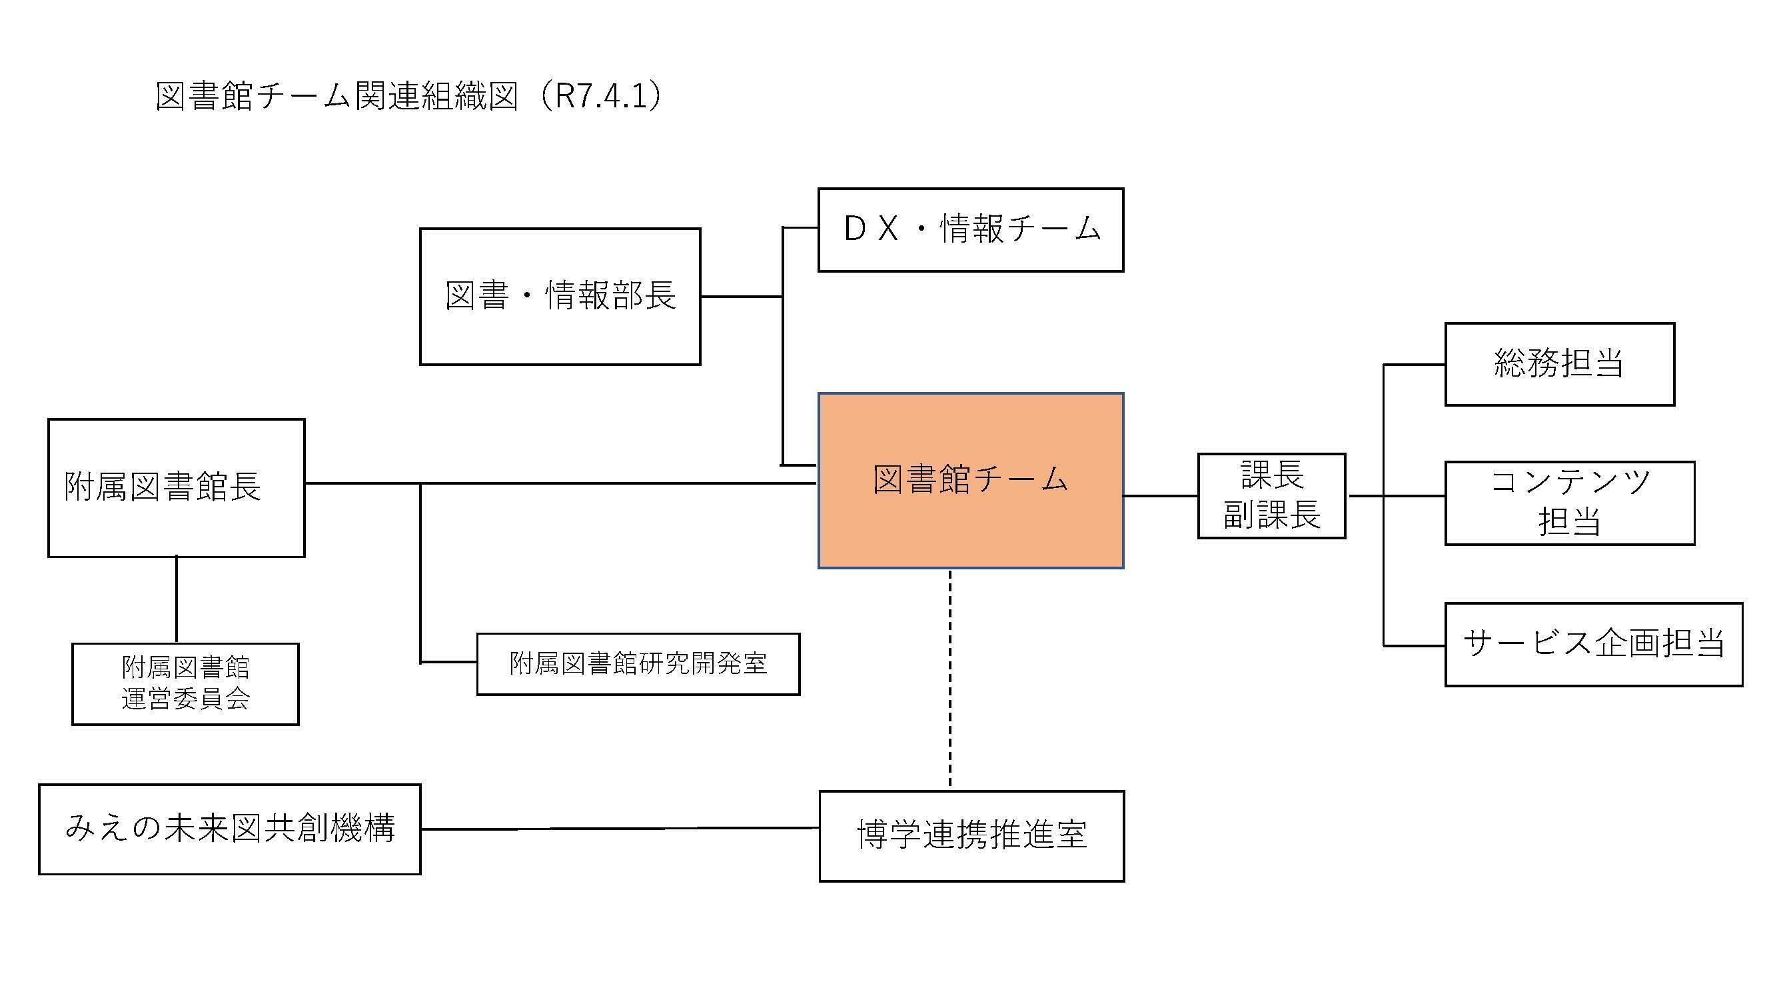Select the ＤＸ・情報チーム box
click(x=971, y=230)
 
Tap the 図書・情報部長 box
click(x=560, y=296)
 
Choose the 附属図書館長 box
click(x=176, y=487)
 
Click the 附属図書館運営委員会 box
click(x=185, y=684)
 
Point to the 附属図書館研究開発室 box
click(x=638, y=664)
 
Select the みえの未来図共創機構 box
click(x=230, y=829)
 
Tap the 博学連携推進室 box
click(x=971, y=836)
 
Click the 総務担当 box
click(x=1559, y=364)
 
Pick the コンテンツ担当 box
click(x=1569, y=503)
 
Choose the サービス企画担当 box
click(x=1594, y=645)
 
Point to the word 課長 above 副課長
click(x=1272, y=475)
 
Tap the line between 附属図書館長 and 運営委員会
click(x=177, y=600)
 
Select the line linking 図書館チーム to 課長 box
click(x=1160, y=495)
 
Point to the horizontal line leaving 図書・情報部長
click(x=741, y=297)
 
